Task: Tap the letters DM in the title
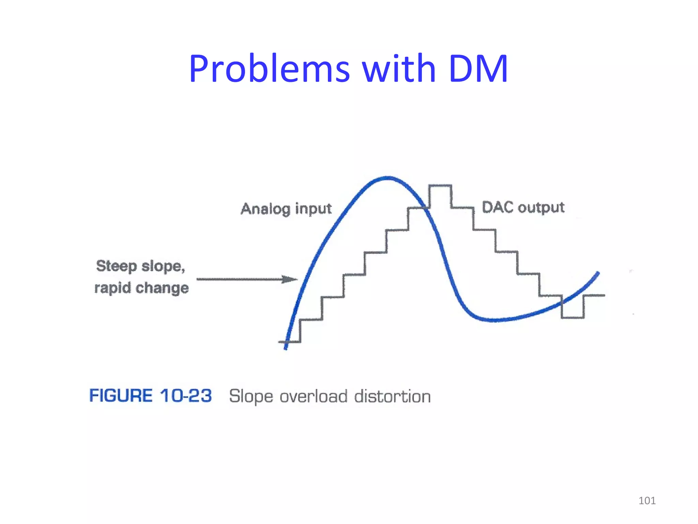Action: (478, 69)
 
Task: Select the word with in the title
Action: (398, 69)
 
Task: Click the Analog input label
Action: (286, 209)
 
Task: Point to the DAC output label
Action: (523, 207)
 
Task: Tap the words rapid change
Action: (141, 288)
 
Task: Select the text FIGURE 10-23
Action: (150, 396)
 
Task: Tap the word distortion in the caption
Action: (392, 396)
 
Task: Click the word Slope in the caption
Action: (251, 396)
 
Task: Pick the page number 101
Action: (647, 500)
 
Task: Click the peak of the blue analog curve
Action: (388, 178)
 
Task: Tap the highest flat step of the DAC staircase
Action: (440, 186)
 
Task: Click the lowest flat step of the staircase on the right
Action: (573, 318)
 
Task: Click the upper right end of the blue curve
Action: (598, 273)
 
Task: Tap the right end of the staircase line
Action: (604, 295)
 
